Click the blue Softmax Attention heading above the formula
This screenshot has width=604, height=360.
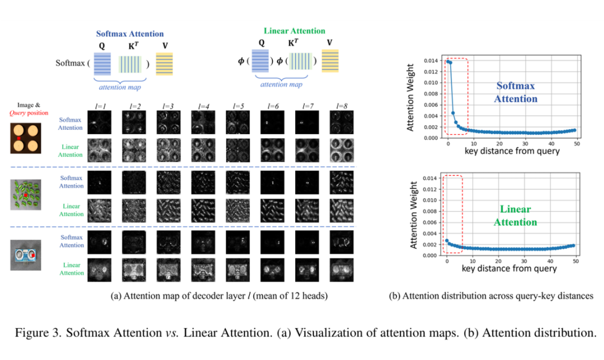coord(130,34)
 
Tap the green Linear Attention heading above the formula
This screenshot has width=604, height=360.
coord(294,31)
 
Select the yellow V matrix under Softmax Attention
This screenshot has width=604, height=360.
coord(164,64)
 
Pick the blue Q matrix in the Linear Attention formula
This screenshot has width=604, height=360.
coord(260,61)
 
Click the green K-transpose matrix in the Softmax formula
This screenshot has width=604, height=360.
coord(130,64)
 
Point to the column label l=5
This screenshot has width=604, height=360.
coord(238,106)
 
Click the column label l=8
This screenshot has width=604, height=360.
coord(342,106)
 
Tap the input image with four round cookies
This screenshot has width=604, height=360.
coord(25,138)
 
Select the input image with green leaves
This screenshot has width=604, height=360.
coord(26,195)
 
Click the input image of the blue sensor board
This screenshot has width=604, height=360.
coord(26,255)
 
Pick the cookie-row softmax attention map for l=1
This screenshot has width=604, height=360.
coord(100,122)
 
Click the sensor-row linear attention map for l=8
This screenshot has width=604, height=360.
coord(342,270)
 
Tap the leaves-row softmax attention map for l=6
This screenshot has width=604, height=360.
coord(272,182)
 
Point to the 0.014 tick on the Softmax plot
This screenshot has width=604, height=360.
coord(431,60)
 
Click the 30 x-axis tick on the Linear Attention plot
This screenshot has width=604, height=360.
coord(524,261)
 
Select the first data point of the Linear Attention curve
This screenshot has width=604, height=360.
coord(447,240)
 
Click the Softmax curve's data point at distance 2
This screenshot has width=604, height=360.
coord(453,113)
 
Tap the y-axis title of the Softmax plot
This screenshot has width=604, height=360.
coord(410,97)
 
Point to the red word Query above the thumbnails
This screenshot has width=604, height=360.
coord(17,113)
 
